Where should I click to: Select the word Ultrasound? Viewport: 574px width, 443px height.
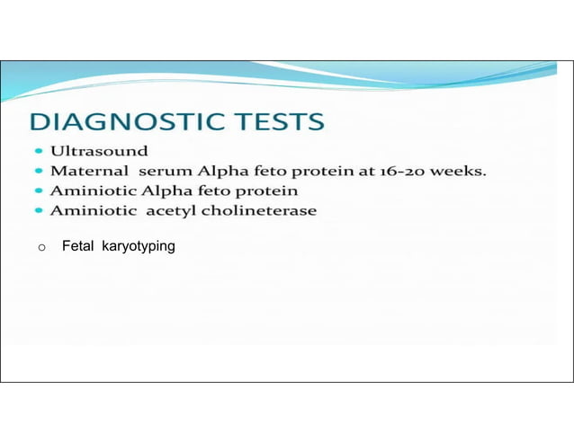point(99,148)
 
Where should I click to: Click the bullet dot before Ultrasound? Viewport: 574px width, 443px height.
point(40,149)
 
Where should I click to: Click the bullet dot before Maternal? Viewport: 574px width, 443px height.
point(40,171)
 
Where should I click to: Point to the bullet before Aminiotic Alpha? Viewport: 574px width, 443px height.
point(40,191)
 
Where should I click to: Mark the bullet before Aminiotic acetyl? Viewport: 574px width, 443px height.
point(40,212)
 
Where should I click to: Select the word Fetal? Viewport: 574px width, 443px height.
point(77,245)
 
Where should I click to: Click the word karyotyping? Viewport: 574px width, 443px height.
point(139,246)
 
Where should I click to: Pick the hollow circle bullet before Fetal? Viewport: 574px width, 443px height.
point(41,247)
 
